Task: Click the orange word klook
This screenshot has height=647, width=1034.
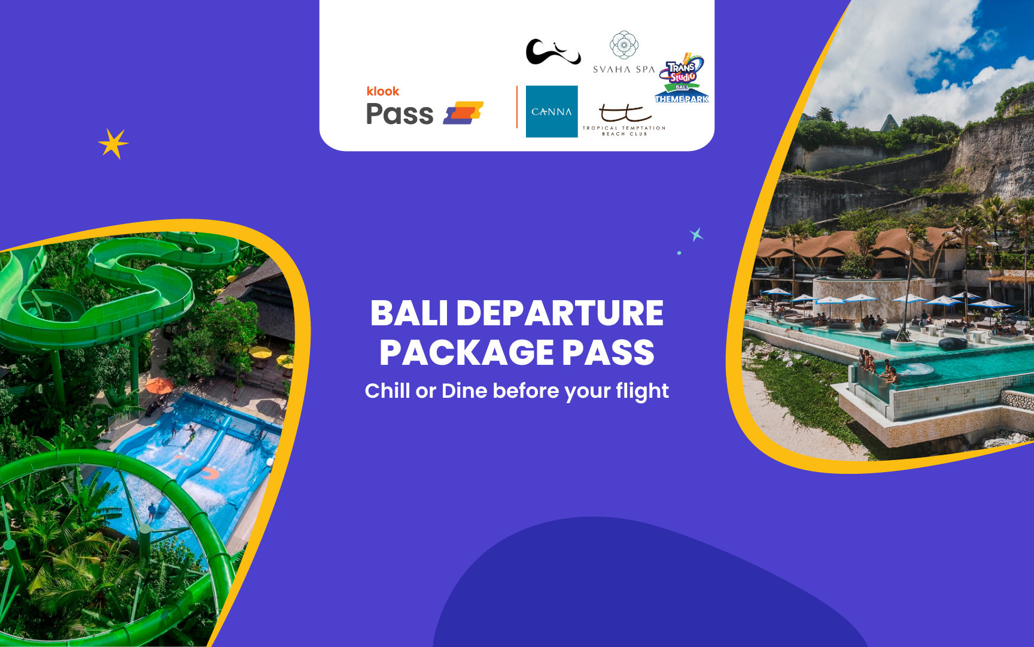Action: click(383, 91)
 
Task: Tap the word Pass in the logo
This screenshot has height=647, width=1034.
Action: click(399, 114)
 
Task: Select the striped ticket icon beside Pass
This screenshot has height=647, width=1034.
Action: click(463, 113)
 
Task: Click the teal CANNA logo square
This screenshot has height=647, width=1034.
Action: click(552, 111)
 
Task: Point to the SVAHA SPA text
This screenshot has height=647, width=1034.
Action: click(624, 69)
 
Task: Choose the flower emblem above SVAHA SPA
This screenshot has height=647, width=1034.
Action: click(624, 45)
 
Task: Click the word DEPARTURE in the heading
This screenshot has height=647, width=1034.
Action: click(560, 313)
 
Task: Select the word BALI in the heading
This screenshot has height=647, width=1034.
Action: click(409, 313)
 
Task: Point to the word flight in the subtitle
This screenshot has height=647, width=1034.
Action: click(642, 391)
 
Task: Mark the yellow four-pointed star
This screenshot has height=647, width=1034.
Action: click(113, 144)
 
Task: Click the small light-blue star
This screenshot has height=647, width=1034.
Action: click(696, 234)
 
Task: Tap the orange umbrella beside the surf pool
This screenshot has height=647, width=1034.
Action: click(159, 385)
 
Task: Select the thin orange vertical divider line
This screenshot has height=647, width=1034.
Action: click(517, 107)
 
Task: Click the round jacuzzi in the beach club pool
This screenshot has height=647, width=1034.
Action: click(915, 370)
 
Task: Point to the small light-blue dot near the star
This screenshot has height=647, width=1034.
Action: click(679, 253)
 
